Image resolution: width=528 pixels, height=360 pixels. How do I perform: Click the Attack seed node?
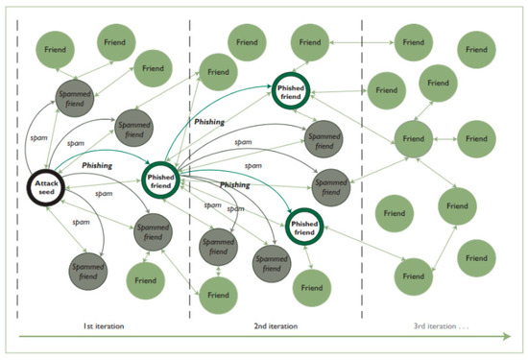tap(46, 186)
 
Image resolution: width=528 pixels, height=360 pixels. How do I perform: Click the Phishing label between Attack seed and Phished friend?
tap(96, 165)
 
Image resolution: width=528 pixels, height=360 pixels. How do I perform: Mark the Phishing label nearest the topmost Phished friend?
tap(210, 123)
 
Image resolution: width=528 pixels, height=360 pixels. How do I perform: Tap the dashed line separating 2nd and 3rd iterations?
tap(362, 173)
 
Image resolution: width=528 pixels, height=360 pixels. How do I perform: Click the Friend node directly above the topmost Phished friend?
tap(307, 44)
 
